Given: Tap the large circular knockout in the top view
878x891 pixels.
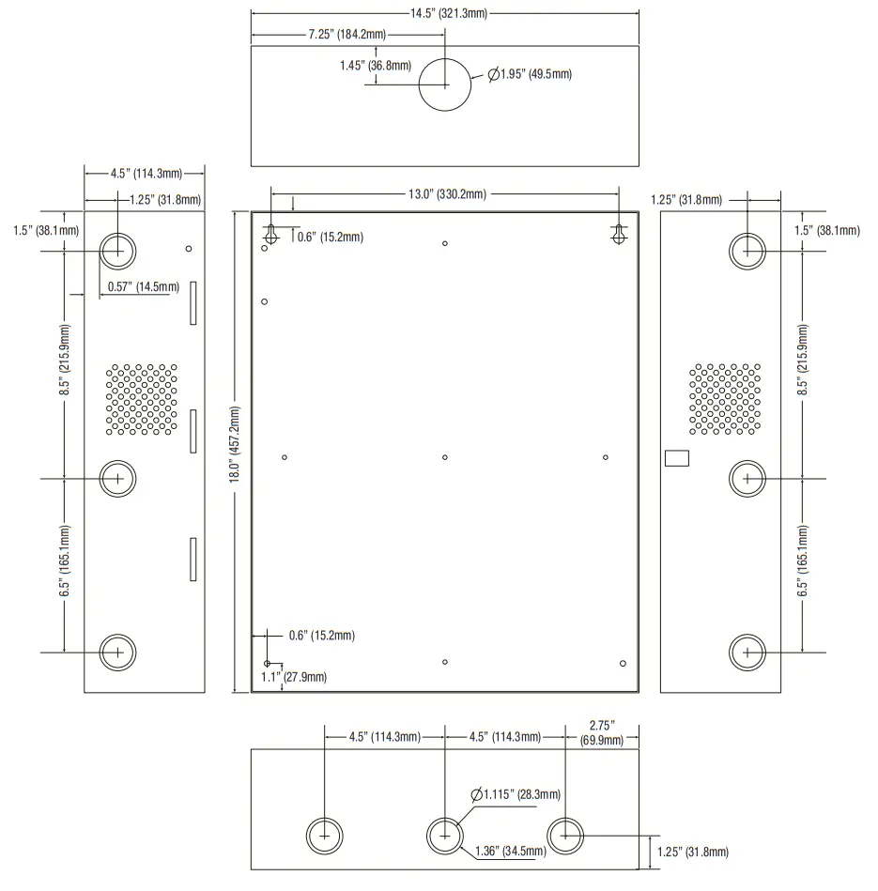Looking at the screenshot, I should coord(445,84).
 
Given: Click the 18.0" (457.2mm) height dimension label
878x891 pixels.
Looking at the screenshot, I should coord(234,448).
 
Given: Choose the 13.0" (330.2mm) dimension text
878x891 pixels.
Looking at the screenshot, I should coord(446,194).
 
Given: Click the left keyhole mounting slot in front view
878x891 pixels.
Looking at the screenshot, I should coord(270,235).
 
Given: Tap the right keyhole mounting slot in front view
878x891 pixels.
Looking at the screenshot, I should coord(618,235).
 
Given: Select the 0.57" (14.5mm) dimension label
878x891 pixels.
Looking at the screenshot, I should coord(143,285).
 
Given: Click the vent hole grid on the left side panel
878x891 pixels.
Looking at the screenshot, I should coord(141,400).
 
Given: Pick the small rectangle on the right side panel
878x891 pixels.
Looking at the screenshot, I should coord(676,458).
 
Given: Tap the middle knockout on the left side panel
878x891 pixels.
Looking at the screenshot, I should coord(117,478).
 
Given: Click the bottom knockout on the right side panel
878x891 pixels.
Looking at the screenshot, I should coord(747,651).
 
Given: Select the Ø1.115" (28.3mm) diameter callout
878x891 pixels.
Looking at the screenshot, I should coord(516,794).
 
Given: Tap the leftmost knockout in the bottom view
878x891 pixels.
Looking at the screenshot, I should coord(324,835).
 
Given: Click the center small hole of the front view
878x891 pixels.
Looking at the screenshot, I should coord(445,457).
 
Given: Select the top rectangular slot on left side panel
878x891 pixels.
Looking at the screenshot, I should coord(193,303).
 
